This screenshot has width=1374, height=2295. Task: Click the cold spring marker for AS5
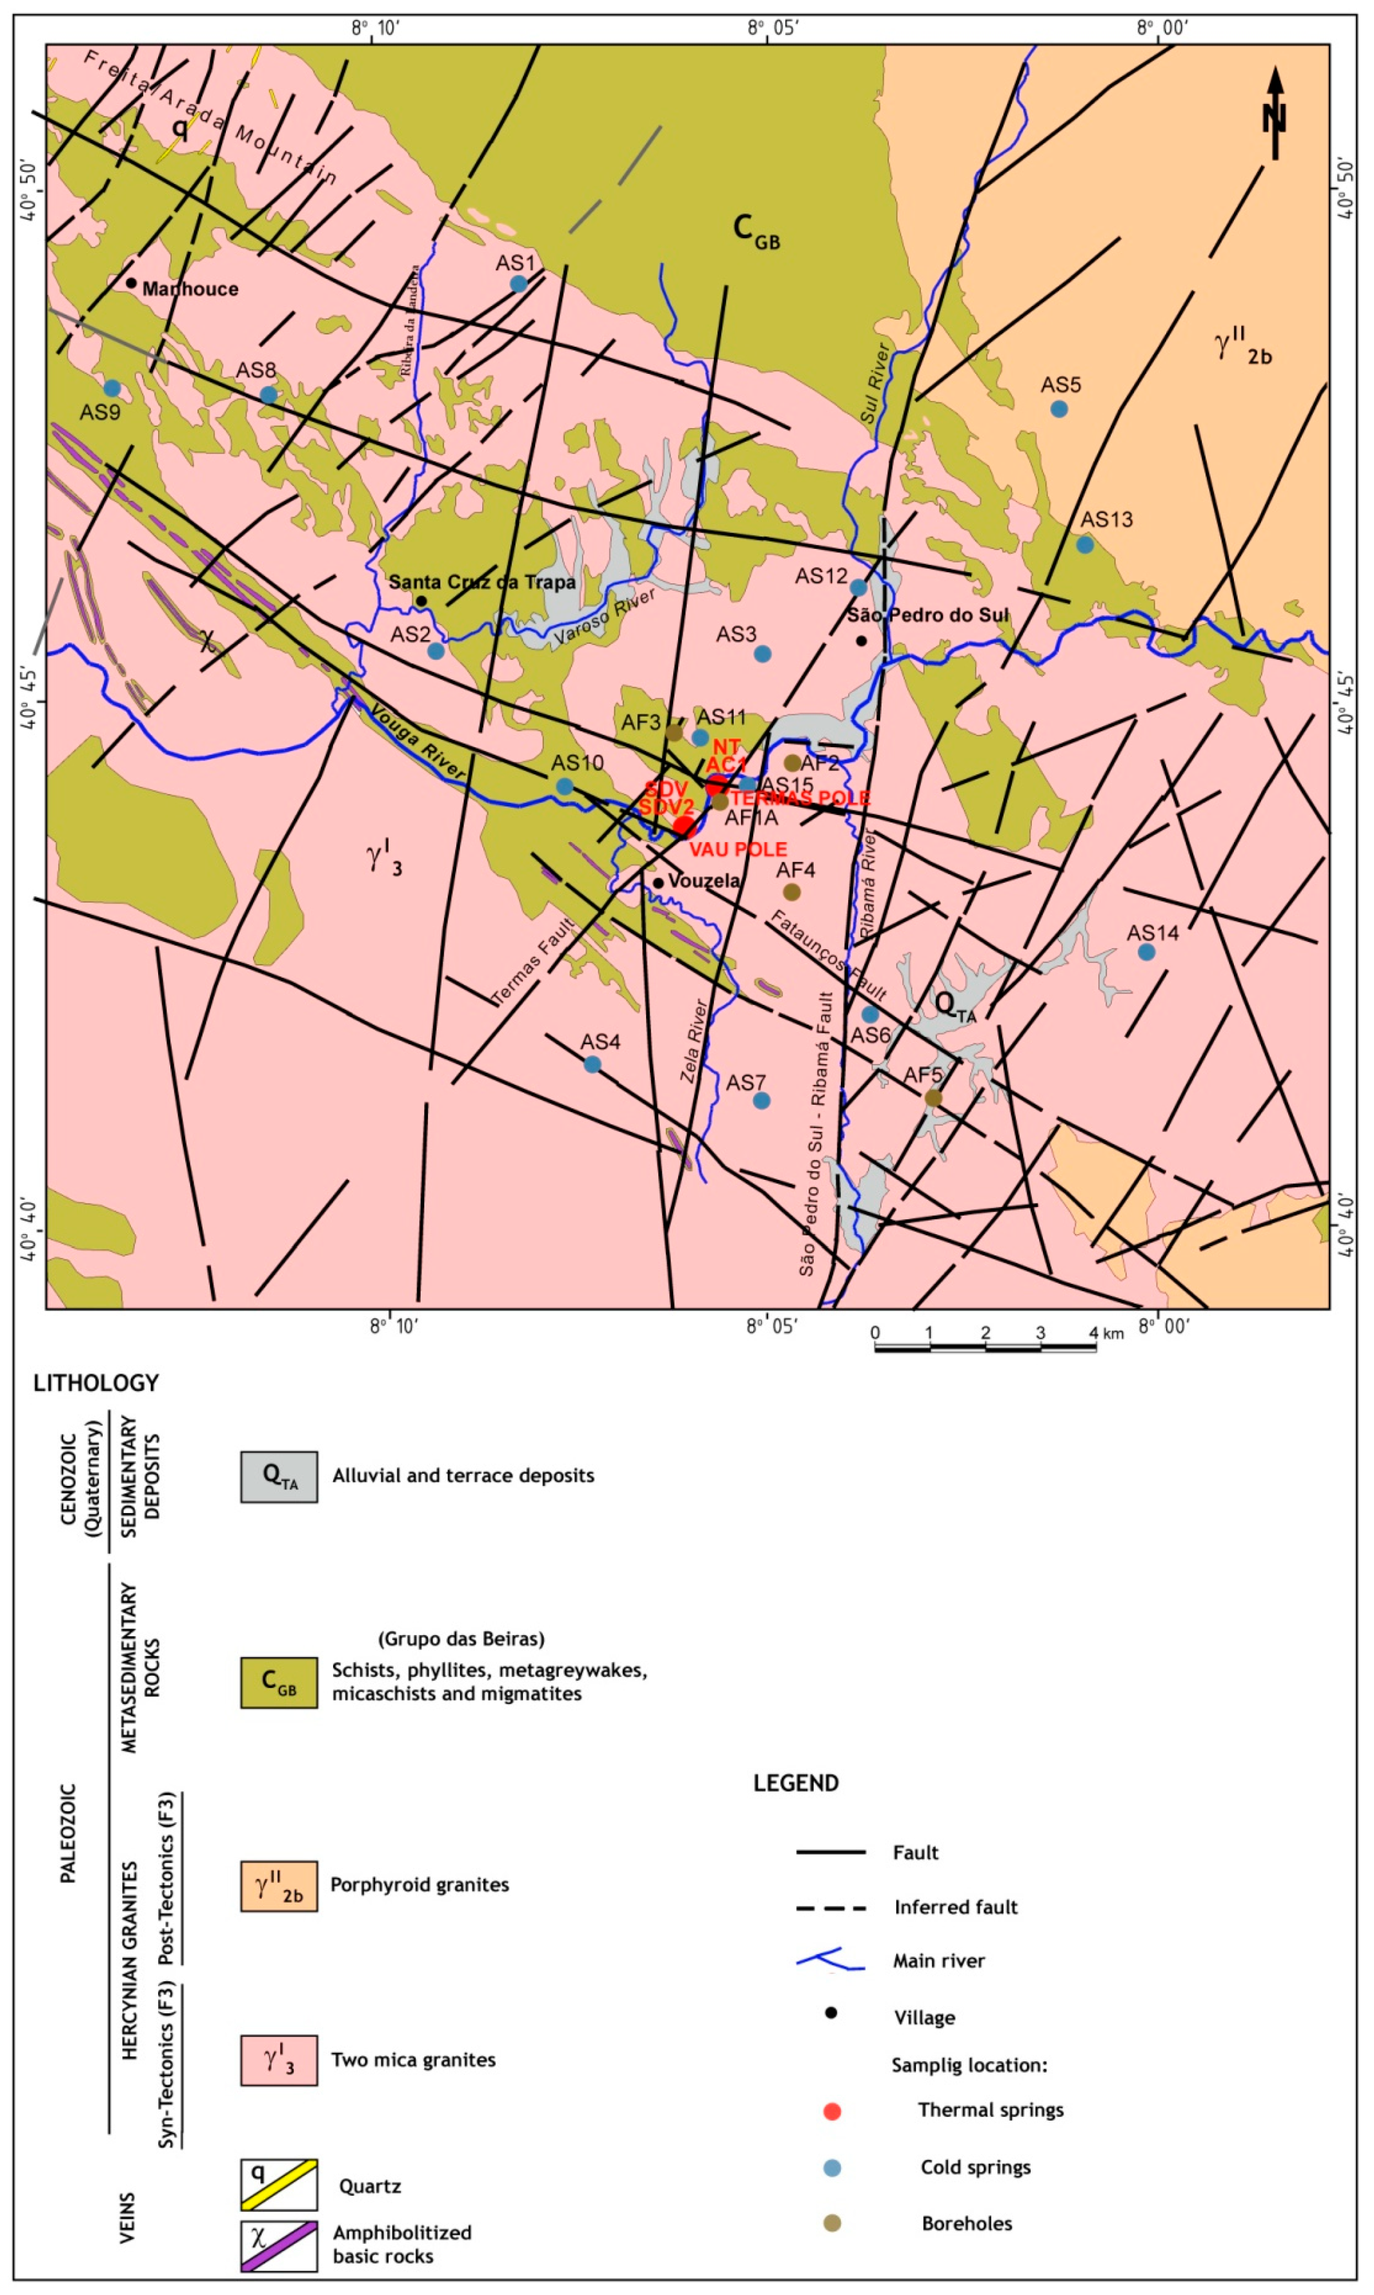1059,408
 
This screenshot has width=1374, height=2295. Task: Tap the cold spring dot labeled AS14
1146,951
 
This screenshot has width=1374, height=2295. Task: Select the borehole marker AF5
933,1098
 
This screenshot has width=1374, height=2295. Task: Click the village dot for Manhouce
132,283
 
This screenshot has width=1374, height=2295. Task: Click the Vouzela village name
703,881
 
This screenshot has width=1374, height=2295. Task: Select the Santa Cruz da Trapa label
481,582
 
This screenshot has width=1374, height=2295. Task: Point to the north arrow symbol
1275,111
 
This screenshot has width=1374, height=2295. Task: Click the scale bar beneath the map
985,1348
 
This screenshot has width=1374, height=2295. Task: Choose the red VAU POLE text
738,849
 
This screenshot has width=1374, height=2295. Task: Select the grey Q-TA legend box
279,1476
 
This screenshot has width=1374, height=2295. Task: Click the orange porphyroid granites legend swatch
279,1886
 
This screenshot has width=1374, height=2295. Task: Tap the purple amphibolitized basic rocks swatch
279,2246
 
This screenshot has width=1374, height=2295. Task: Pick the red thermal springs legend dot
831,2111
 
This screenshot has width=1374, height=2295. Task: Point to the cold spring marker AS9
112,388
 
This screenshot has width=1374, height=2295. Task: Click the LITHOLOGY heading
96,1383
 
